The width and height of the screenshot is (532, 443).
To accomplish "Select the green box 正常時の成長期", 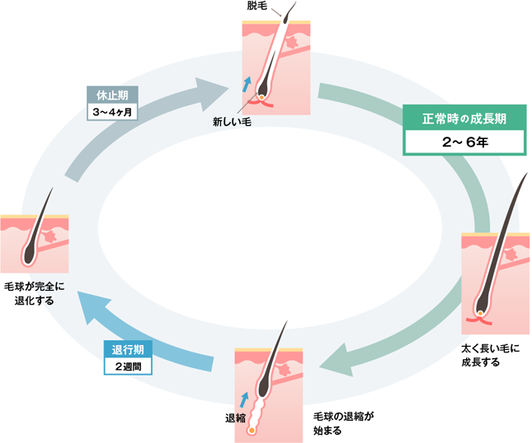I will pos(464,116).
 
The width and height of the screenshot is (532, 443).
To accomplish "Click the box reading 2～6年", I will pos(464,141).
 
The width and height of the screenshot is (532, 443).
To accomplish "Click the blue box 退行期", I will pos(127,349).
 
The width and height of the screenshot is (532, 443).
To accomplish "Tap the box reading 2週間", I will pos(127,366).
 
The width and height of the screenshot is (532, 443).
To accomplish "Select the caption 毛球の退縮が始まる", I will pos(344,422).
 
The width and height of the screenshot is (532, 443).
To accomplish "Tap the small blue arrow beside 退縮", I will pos(243,399).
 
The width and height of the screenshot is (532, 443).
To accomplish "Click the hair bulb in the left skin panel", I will pos(29,258).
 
